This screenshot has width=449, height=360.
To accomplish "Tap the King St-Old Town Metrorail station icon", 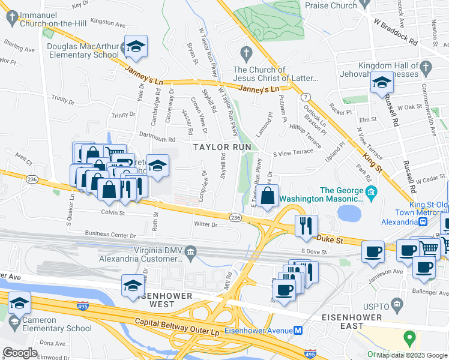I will (423, 221).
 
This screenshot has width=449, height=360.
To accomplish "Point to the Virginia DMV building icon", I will (191, 251).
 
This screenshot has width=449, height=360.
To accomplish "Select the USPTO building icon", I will (396, 305).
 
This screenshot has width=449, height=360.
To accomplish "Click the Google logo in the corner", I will (20, 353).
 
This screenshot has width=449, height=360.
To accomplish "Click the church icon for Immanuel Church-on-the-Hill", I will (11, 18).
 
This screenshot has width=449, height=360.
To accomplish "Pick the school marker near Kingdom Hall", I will (382, 83).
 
